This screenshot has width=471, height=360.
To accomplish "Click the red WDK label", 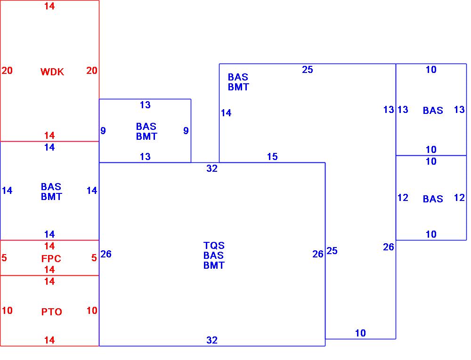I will coord(52,72).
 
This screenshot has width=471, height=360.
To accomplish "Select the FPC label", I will coord(51,259).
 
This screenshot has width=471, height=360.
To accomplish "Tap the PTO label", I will coord(51,312).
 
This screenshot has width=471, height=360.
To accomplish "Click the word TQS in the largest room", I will coord(214,246).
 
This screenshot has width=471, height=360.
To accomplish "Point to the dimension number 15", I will coord(272,157).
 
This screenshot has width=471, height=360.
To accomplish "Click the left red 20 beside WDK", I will coord(7,71).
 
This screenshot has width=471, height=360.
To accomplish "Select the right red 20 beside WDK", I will coord(92,71).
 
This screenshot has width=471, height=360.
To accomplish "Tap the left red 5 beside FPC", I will coord(4,258).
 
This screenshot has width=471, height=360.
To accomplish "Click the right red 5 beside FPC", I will coord(94,258).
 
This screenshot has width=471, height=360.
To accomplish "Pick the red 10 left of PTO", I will coord(7,311).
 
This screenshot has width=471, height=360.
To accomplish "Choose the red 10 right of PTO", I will coord(92,311).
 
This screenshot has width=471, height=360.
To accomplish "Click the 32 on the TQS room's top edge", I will coord(212,168).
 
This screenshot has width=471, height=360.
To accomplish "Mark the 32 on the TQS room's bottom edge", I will coord(212,340).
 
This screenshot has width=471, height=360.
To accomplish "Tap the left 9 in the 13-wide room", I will coord(103,131).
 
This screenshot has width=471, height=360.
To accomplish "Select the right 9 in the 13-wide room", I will coord(186,131).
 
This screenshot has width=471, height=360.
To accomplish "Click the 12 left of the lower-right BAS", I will coord(403,198).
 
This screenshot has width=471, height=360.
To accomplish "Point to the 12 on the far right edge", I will coord(459,198).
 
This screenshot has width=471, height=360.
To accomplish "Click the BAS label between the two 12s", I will coord(433,199).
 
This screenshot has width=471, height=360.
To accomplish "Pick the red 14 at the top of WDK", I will coord(49,6).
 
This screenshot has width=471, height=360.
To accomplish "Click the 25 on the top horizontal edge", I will coord(307,70).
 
